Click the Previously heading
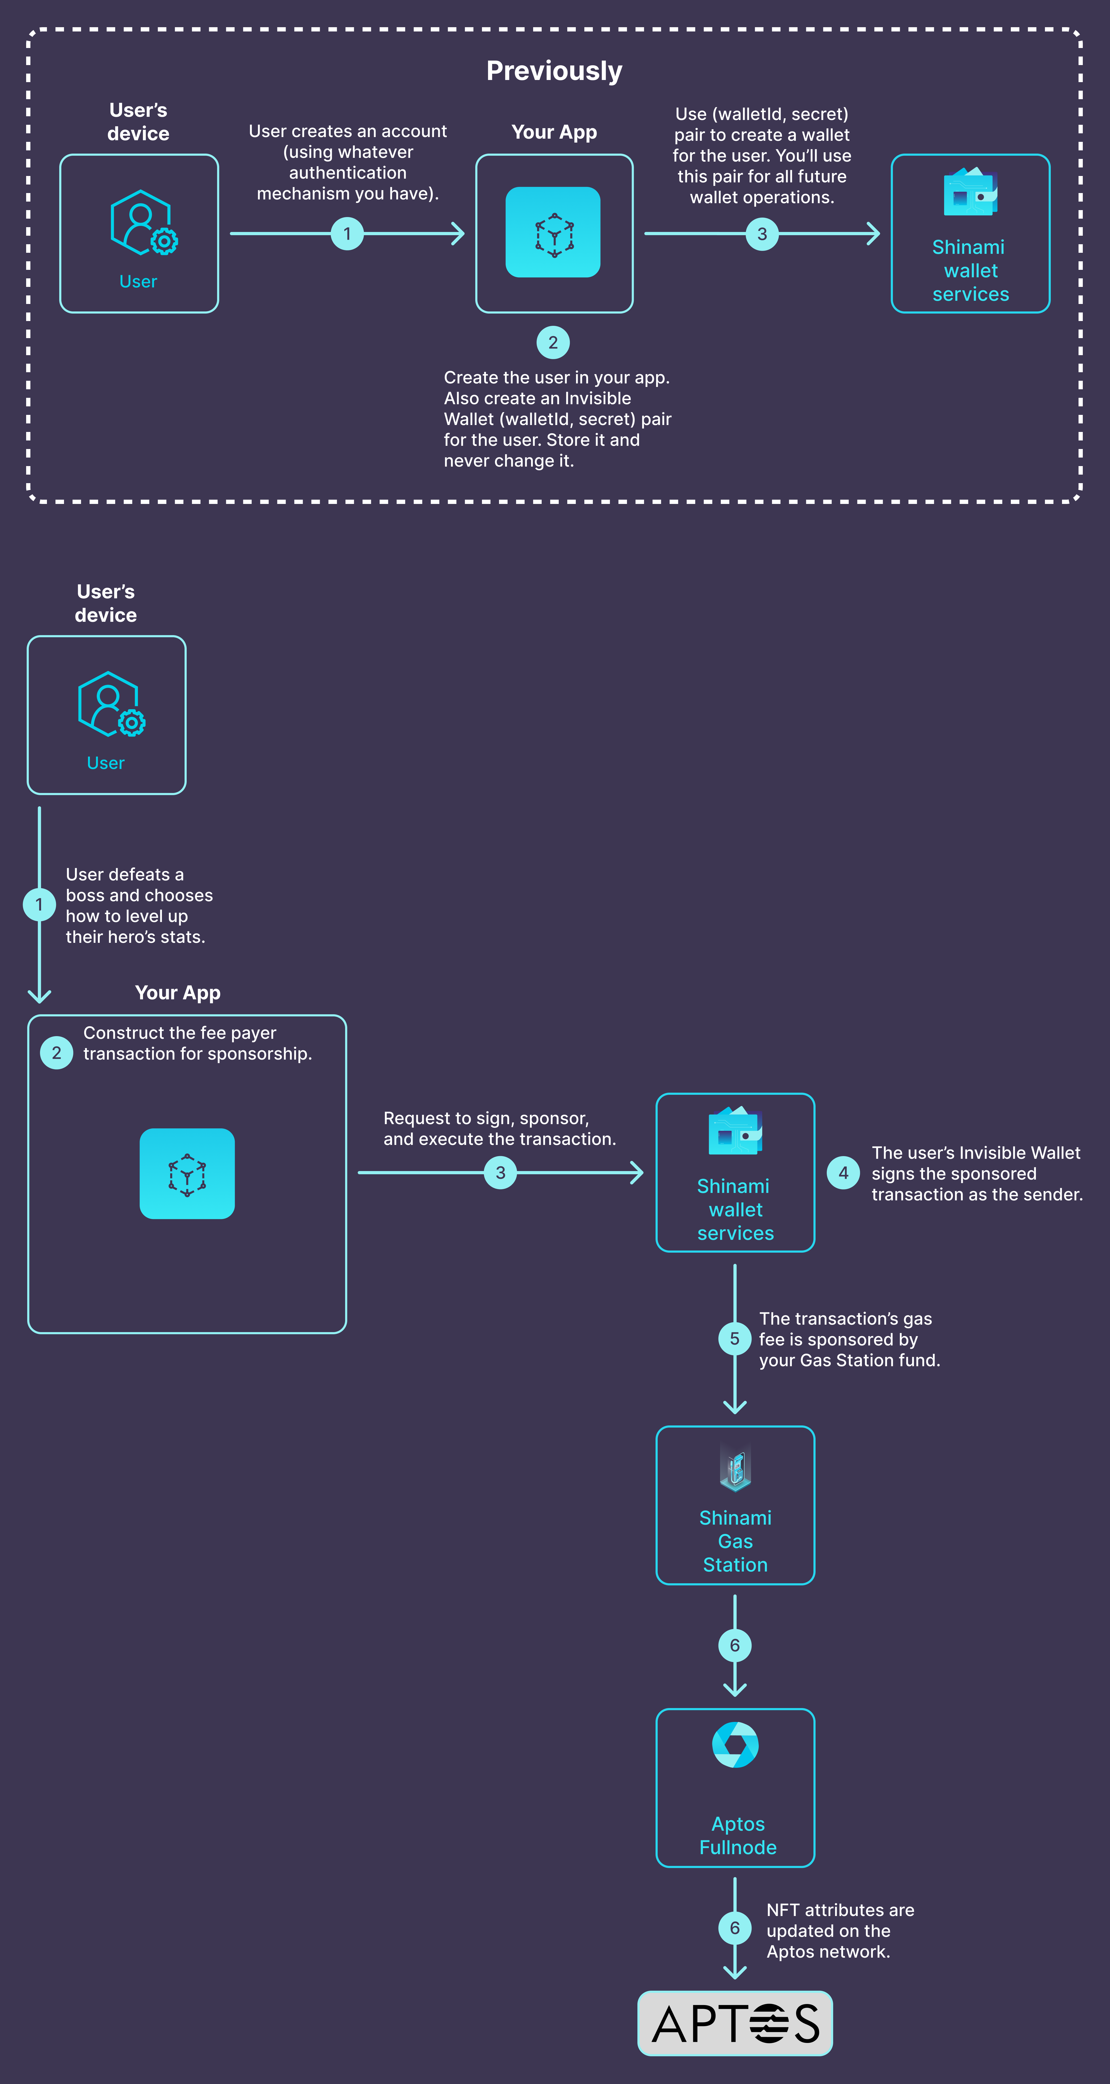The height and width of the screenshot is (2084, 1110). tap(554, 71)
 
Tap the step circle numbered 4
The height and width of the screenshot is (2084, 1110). tap(843, 1172)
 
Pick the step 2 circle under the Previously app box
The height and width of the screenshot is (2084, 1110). tap(553, 342)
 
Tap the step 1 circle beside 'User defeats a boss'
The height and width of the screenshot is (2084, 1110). tap(39, 904)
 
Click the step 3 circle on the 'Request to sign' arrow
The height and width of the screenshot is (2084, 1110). tap(500, 1172)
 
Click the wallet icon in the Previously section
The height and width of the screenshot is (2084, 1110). tap(970, 192)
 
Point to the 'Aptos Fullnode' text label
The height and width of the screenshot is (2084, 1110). tap(738, 1836)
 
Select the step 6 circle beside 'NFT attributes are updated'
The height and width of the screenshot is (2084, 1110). tap(734, 1928)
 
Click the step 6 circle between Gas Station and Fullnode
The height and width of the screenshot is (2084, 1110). tap(734, 1645)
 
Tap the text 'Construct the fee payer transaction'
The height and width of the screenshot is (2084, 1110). tap(197, 1043)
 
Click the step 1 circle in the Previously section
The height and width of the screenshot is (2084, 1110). tap(347, 234)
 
